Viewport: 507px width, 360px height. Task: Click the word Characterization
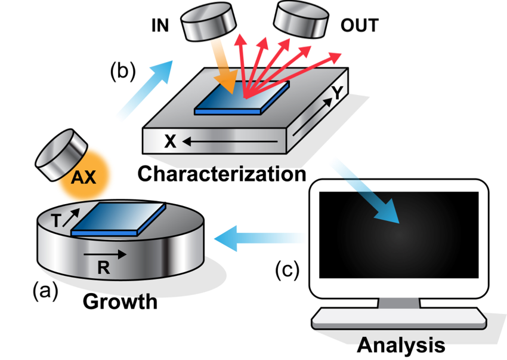coord(221,174)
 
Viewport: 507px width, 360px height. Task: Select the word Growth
coord(120,301)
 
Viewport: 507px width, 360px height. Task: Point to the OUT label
coord(359,26)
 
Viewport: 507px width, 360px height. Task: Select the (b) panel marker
coord(123,70)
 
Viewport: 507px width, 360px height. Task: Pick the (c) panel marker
coord(287,270)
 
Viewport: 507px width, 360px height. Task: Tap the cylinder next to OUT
coord(301,19)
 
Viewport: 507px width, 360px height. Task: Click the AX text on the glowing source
coord(84,178)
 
